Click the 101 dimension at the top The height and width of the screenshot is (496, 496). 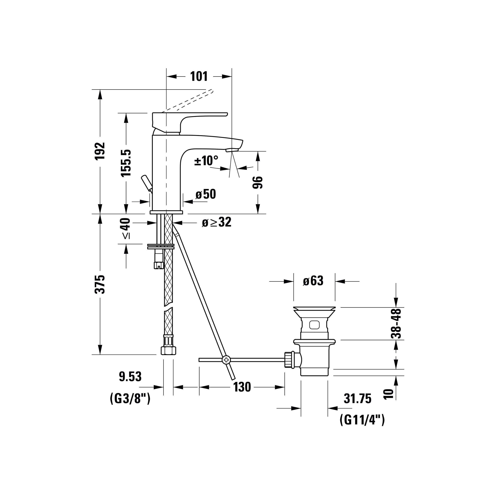click(x=199, y=77)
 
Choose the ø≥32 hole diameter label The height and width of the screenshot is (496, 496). click(x=217, y=222)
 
